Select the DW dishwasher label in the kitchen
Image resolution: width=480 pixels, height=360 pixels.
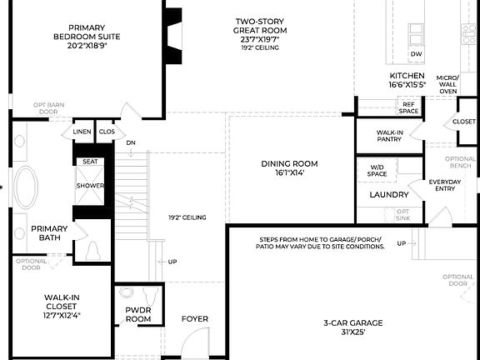[x=415, y=54]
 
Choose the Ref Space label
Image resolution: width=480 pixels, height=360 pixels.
[x=409, y=107]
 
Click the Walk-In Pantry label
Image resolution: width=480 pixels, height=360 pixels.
[x=390, y=136]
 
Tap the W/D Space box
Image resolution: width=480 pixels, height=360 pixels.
[x=377, y=171]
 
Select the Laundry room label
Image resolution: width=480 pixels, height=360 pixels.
[x=388, y=195]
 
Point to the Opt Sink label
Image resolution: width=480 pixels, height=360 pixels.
[x=402, y=215]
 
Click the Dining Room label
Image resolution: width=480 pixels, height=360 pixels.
[x=289, y=168]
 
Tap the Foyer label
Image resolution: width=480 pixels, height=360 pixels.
[x=194, y=318]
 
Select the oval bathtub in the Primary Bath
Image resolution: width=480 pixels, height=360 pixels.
[x=27, y=187]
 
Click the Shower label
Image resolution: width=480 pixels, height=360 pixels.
[x=89, y=186]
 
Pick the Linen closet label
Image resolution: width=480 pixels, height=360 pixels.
[x=82, y=132]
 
